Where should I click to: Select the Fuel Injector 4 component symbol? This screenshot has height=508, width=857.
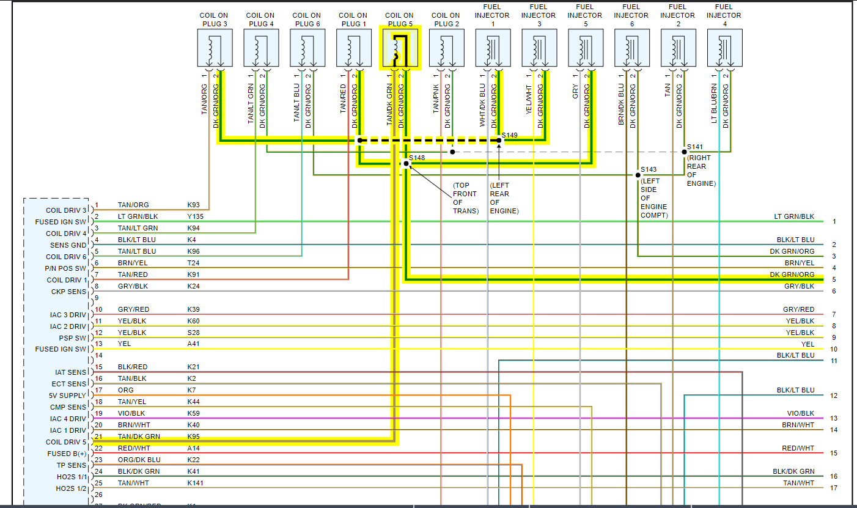point(725,48)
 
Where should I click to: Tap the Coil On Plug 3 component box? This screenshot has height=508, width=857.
point(215,48)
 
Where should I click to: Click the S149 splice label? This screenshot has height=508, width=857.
point(510,134)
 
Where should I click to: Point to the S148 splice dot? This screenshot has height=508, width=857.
point(406,164)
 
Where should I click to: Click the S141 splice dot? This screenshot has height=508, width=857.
point(684,152)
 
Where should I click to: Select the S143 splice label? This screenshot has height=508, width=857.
point(649,169)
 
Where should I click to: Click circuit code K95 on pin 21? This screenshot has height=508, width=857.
point(193,436)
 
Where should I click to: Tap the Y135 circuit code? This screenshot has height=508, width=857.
point(196,216)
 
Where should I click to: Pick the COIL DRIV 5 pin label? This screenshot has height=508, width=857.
point(66,442)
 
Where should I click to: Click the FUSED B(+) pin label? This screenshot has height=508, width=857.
point(67,454)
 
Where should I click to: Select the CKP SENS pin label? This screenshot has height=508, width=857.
point(69,292)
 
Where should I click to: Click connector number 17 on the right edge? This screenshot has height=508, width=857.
point(834,488)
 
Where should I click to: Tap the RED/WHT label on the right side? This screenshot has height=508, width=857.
point(798,448)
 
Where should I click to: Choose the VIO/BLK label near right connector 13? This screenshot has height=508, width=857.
point(800,413)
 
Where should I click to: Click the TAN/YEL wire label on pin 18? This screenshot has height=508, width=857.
point(132,402)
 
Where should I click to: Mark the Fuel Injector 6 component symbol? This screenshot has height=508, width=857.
point(632,48)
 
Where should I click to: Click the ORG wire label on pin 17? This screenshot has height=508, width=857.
point(125,390)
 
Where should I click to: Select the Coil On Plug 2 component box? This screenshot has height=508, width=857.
point(447,48)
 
